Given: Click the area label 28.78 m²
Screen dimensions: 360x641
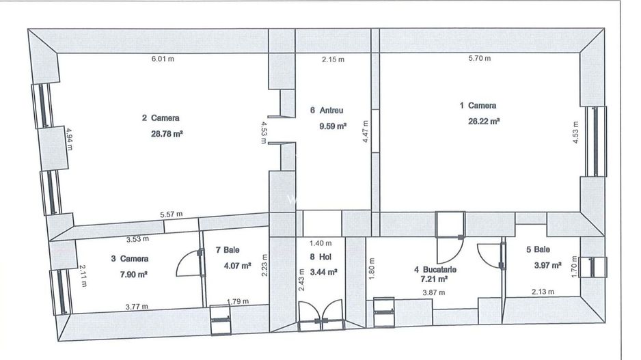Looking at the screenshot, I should coord(166,134).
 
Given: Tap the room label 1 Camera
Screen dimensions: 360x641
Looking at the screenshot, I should coord(478,106).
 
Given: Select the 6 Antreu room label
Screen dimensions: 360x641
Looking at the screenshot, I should coord(326,110).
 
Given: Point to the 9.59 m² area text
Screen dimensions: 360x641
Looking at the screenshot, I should coord(333,126).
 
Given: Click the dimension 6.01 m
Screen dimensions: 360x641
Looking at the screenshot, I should coord(163,59).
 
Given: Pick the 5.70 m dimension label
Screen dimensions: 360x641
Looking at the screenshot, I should coord(479,59).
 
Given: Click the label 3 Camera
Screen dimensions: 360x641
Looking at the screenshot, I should coord(129,259).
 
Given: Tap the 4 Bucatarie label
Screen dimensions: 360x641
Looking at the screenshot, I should coord(435,269).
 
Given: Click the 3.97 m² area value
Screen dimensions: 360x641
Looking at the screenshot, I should coord(547,265).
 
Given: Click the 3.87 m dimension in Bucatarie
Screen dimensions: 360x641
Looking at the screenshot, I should coord(433,292).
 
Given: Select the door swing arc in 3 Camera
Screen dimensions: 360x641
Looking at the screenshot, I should coord(185,264).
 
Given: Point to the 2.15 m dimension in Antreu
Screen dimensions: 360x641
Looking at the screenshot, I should coord(333,59).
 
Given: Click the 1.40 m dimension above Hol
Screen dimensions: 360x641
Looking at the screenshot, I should coord(320,243).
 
